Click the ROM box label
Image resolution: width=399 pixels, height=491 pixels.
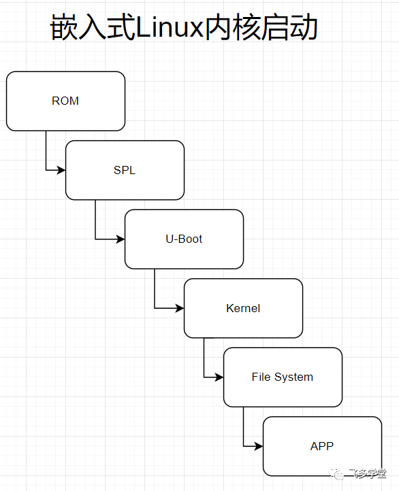[65, 101]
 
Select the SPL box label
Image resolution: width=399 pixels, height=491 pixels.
[125, 170]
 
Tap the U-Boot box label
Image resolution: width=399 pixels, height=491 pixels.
[184, 239]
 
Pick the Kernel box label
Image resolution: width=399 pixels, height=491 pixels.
[243, 308]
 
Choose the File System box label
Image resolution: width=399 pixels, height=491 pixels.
[283, 377]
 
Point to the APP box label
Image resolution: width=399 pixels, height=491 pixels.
[322, 446]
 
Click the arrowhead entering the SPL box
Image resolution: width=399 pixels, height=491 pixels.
[61, 170]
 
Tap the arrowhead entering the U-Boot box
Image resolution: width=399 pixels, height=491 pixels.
[121, 239]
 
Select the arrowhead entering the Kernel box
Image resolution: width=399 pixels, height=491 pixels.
[180, 308]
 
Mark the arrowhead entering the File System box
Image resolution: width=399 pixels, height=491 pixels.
[219, 377]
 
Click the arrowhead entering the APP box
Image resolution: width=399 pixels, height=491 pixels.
[259, 446]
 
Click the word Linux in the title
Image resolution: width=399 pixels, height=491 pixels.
[169, 29]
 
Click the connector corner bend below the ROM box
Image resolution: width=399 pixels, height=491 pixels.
[46, 170]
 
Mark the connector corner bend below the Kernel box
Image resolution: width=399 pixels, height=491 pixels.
[204, 377]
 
